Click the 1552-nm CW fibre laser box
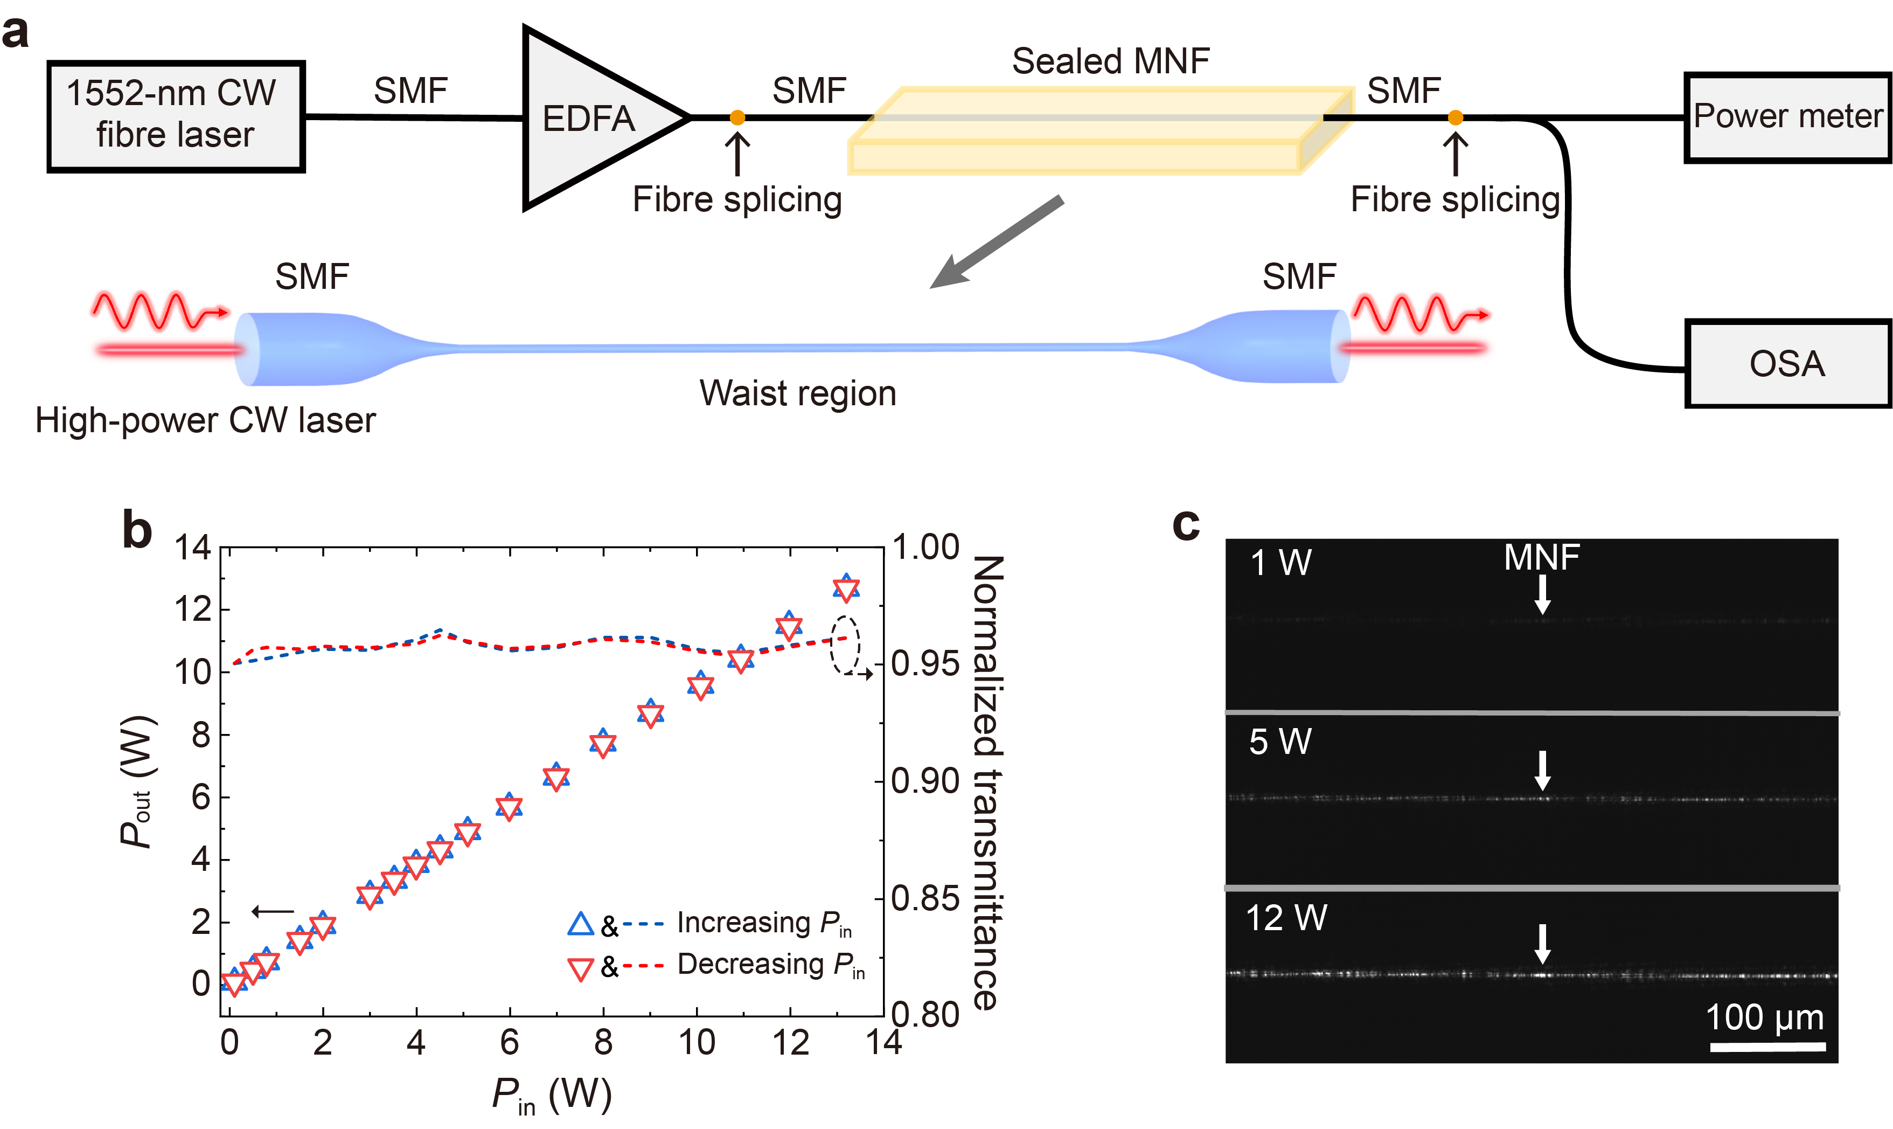click(175, 116)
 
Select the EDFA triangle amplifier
click(593, 118)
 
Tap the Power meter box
click(1786, 116)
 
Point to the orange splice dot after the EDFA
click(736, 117)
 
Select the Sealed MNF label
click(1110, 61)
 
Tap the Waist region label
click(797, 393)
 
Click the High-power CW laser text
click(205, 420)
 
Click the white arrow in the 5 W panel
click(1542, 770)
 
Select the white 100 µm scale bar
click(1767, 1047)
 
